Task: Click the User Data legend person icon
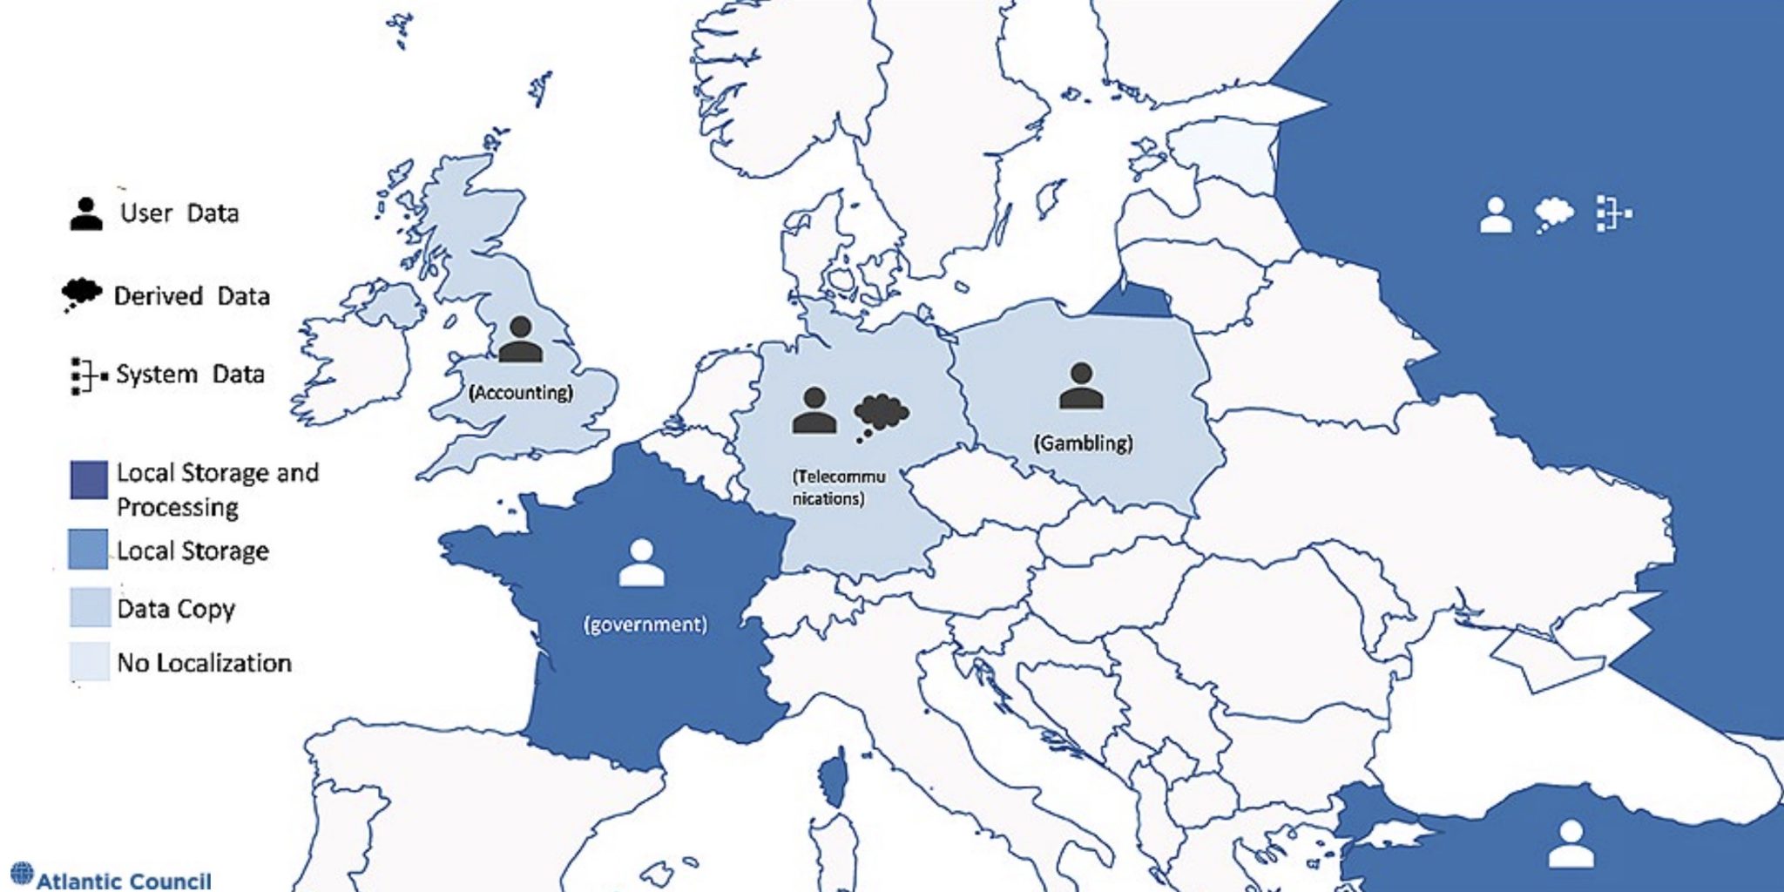click(x=85, y=213)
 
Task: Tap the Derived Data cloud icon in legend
click(x=81, y=294)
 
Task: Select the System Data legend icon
click(x=88, y=375)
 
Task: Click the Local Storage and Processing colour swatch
click(x=89, y=480)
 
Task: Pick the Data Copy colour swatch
click(x=89, y=607)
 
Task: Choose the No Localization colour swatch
click(x=89, y=661)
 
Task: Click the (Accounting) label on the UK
click(x=521, y=393)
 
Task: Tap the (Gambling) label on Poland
click(x=1083, y=443)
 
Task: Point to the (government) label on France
click(x=645, y=625)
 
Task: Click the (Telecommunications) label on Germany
click(x=837, y=488)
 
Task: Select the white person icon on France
click(x=642, y=563)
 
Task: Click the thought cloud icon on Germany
click(x=881, y=416)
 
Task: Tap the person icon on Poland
click(x=1081, y=386)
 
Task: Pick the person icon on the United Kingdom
click(x=520, y=340)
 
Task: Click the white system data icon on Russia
click(x=1612, y=213)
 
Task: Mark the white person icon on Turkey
click(x=1570, y=843)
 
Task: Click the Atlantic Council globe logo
click(x=22, y=873)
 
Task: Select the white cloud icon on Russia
click(x=1554, y=214)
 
